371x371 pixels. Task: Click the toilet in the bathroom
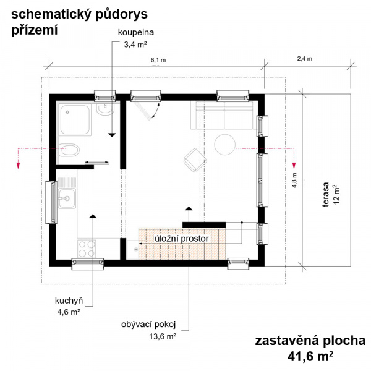tap(69, 150)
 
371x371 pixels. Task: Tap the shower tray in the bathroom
tap(75, 119)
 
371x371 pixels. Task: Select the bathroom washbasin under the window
tap(105, 109)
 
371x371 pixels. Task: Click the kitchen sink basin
tap(67, 198)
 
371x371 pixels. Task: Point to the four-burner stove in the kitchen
tap(87, 249)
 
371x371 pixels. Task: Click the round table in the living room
tap(225, 145)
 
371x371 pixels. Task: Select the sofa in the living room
tap(224, 115)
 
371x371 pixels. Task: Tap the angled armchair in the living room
tap(195, 160)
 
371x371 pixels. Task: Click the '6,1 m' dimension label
tap(158, 60)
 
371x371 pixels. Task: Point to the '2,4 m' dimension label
tap(305, 59)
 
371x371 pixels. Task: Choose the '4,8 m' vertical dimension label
tap(294, 181)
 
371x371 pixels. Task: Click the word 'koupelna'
tap(136, 32)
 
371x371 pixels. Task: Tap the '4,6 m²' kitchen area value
tap(69, 312)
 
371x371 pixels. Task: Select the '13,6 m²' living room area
tap(163, 336)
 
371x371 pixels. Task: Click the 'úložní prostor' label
tap(182, 239)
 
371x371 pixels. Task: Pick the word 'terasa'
tap(326, 195)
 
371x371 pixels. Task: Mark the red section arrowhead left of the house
tap(18, 165)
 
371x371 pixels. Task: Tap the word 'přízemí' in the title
tap(35, 30)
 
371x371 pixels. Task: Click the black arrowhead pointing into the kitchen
tap(93, 216)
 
